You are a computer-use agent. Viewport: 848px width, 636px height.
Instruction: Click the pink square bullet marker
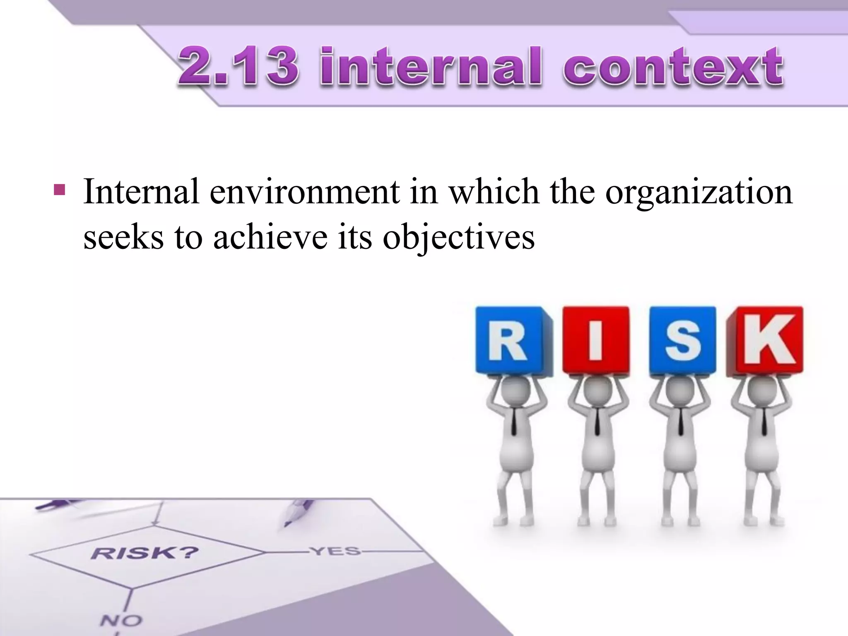coord(59,190)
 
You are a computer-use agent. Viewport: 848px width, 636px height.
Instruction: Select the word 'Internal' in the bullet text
coord(141,191)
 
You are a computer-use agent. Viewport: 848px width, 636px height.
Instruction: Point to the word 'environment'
coord(304,192)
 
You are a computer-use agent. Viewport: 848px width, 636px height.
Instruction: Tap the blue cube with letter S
coord(682,340)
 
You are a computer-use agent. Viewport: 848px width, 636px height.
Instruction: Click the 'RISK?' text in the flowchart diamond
coord(145,553)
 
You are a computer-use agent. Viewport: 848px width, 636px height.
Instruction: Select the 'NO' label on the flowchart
coord(121,620)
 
